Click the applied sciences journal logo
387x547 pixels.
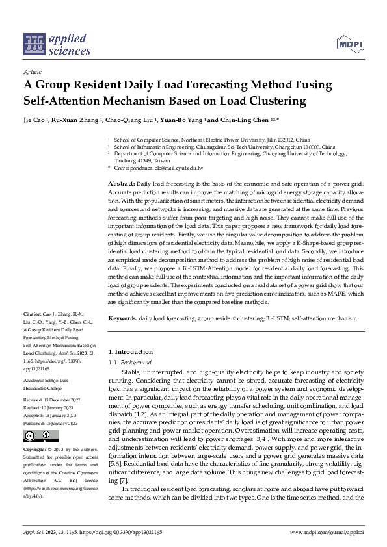pyautogui.click(x=57, y=42)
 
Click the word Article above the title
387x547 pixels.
pyautogui.click(x=32, y=71)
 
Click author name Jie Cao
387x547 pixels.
pyautogui.click(x=36, y=121)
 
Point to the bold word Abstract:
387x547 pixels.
pyautogui.click(x=121, y=184)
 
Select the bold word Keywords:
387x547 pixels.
pyautogui.click(x=122, y=319)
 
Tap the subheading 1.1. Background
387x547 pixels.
pyautogui.click(x=129, y=362)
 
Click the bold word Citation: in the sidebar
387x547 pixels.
pyautogui.click(x=33, y=313)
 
